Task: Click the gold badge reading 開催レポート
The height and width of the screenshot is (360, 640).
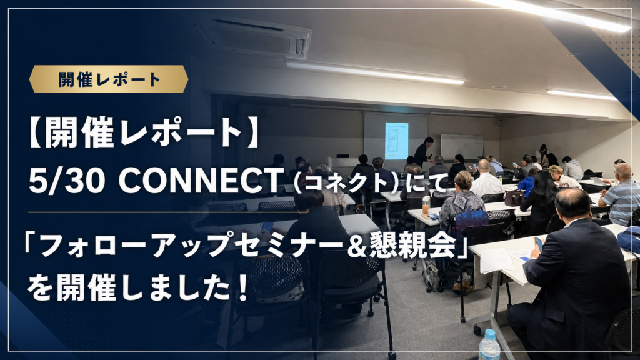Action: coord(109,79)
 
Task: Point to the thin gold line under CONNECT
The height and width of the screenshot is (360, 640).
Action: coord(167,212)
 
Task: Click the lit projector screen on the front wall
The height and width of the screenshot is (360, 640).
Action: coord(396,140)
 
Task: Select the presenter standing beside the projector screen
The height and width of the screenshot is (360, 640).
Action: coord(423,152)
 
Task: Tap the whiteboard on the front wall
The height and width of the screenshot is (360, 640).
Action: coord(462,146)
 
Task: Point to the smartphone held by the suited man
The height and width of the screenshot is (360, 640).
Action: coord(539,243)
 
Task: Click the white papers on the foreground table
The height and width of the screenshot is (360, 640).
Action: coord(496,260)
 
